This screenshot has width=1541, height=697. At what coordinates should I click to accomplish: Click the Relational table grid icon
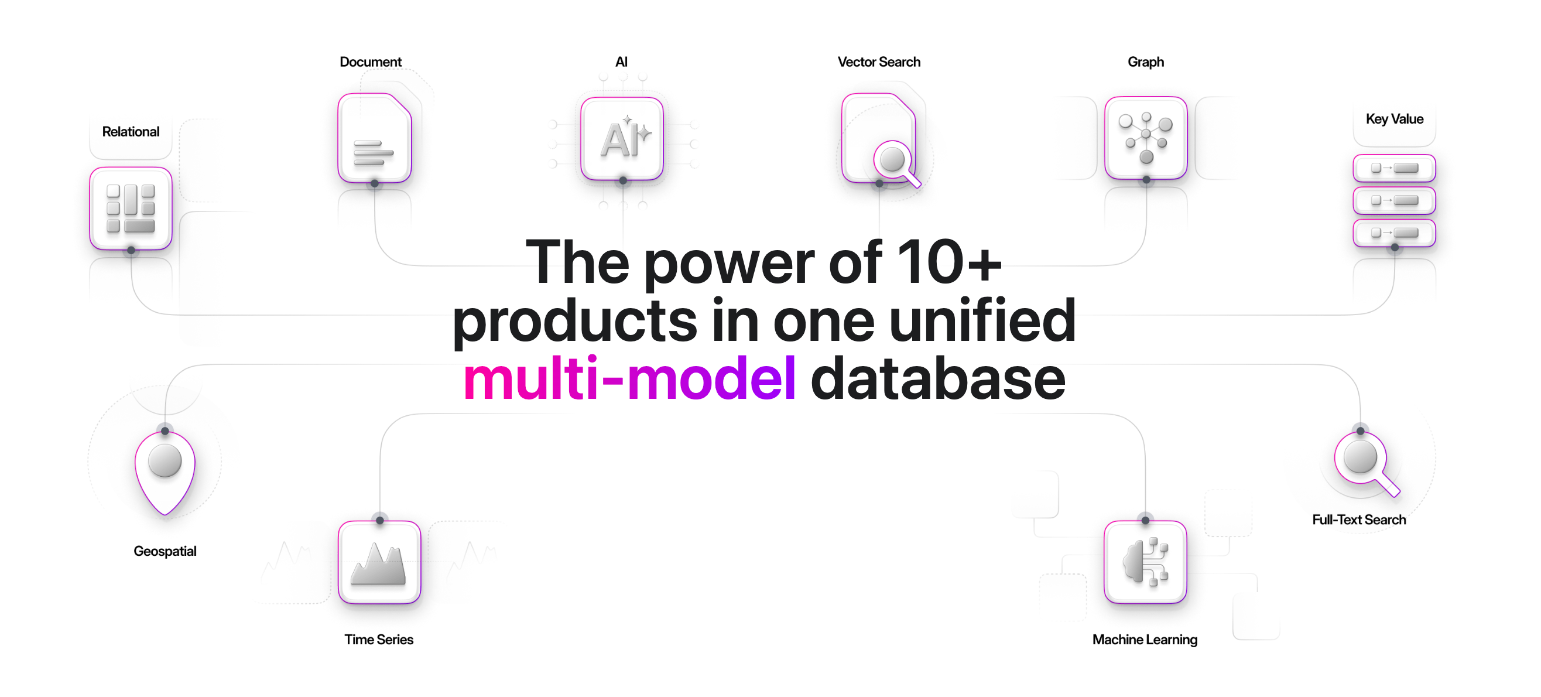pos(131,208)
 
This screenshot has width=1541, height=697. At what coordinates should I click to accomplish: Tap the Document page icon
pos(375,139)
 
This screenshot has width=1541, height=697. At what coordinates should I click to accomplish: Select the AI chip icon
pos(622,139)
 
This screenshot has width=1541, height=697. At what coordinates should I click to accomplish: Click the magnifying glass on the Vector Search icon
pos(895,162)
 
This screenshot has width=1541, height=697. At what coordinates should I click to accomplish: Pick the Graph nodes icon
pos(1146,138)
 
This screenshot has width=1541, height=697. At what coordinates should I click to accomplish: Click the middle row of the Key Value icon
pos(1394,200)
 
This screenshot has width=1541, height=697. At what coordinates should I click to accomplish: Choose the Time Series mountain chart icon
pos(379,562)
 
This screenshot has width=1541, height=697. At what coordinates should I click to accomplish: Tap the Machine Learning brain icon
pos(1145,562)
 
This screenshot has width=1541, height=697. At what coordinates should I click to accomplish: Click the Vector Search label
pos(879,62)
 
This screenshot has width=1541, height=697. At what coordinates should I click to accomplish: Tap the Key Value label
pos(1395,119)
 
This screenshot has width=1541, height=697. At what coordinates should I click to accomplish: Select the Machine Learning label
pos(1145,640)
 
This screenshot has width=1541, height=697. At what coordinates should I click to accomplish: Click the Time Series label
pos(379,640)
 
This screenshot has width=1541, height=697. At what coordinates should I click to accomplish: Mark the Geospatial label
pos(165,551)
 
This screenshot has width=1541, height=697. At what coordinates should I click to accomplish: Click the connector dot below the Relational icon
pos(131,250)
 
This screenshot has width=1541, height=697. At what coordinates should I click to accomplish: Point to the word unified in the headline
pos(982,321)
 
